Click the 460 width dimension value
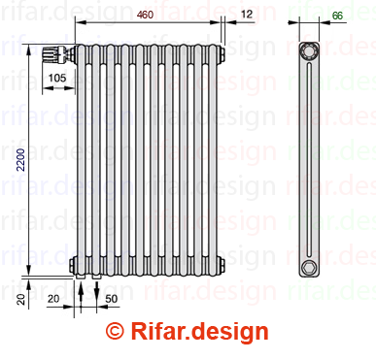pos(145,15)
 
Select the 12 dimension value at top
pos(247,14)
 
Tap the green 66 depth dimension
pos(337,16)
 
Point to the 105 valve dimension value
pos(57,78)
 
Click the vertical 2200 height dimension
pos(21,159)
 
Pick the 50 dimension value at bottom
pos(111,299)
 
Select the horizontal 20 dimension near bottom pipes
pos(53,299)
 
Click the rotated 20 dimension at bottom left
pos(21,299)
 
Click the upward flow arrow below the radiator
pos(81,291)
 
